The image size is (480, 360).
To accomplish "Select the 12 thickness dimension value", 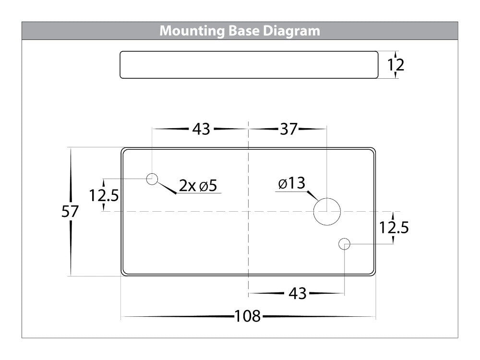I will click(396, 65).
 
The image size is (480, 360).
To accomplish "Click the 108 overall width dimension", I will click(247, 317).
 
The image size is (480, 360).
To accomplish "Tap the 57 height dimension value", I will click(70, 212).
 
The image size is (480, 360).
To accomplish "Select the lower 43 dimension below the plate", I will click(298, 293).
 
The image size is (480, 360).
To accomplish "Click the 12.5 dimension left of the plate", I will click(104, 195).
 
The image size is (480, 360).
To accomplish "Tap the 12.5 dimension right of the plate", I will click(394, 228).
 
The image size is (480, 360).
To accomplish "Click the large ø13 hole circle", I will click(327, 212).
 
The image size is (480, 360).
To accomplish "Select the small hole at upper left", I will click(152, 179).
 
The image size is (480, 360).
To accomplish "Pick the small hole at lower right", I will click(344, 244).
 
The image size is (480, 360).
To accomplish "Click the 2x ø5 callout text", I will click(199, 186).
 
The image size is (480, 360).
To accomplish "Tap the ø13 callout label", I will click(291, 183).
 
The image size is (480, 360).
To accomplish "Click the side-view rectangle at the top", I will click(248, 65).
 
